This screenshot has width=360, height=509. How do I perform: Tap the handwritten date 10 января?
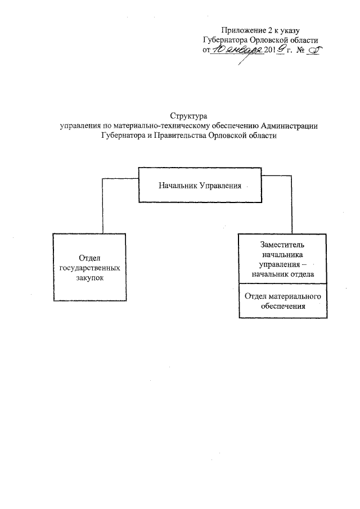pos(237,49)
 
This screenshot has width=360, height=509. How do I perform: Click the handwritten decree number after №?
pos(313,50)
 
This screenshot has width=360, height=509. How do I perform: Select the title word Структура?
pos(188,116)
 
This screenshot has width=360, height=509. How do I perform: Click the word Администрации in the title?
pos(289,126)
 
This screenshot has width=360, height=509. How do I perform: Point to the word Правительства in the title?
pos(181,136)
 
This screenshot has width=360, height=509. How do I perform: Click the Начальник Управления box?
pos(200,185)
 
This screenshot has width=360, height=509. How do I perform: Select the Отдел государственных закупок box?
pos(89,267)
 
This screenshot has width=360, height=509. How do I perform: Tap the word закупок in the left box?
pos(90,278)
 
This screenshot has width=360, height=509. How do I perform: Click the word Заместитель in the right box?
pos(282,245)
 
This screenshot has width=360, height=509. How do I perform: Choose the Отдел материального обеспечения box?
pos(283,300)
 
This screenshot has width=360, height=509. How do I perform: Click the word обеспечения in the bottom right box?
pos(283,306)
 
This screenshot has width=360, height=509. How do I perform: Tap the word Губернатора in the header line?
pos(226,40)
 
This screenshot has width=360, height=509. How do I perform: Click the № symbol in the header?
pos(300,50)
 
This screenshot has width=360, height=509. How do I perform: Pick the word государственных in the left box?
pos(90,268)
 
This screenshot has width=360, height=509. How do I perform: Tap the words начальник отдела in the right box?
pos(283,274)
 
